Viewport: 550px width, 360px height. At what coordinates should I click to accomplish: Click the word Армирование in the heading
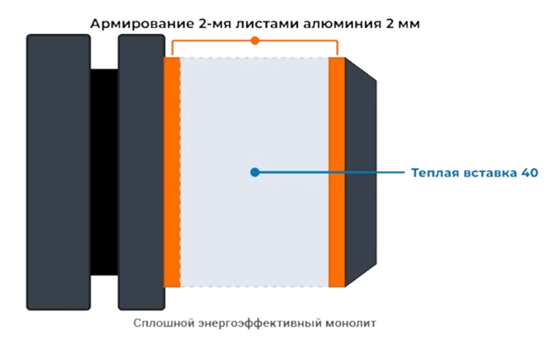(x=142, y=24)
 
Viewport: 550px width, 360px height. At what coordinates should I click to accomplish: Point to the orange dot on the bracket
(x=255, y=41)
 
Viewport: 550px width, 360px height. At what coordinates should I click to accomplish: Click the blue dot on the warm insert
(x=255, y=172)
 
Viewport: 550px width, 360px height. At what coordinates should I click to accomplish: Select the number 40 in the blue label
(x=529, y=173)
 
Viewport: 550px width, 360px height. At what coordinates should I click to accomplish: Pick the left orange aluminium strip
(x=172, y=172)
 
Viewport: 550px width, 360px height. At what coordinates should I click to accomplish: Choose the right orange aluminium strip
(x=336, y=172)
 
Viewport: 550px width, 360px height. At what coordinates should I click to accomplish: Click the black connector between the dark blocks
(x=104, y=172)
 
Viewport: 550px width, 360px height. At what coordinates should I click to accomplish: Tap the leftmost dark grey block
(x=58, y=172)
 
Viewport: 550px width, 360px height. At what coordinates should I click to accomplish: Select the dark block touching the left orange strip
(x=141, y=172)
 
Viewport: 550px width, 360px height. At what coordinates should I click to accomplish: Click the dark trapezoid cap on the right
(x=361, y=172)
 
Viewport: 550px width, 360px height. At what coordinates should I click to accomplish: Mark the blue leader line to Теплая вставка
(x=330, y=172)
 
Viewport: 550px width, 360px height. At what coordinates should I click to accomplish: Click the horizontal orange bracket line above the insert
(x=255, y=41)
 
